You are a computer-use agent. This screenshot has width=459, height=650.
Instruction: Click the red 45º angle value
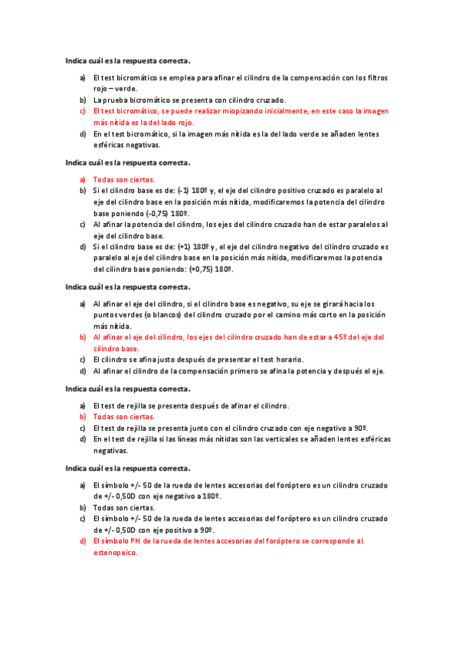[343, 337]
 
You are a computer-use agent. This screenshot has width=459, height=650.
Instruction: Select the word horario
[287, 359]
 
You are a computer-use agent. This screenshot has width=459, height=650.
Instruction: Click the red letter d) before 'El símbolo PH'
[83, 540]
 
